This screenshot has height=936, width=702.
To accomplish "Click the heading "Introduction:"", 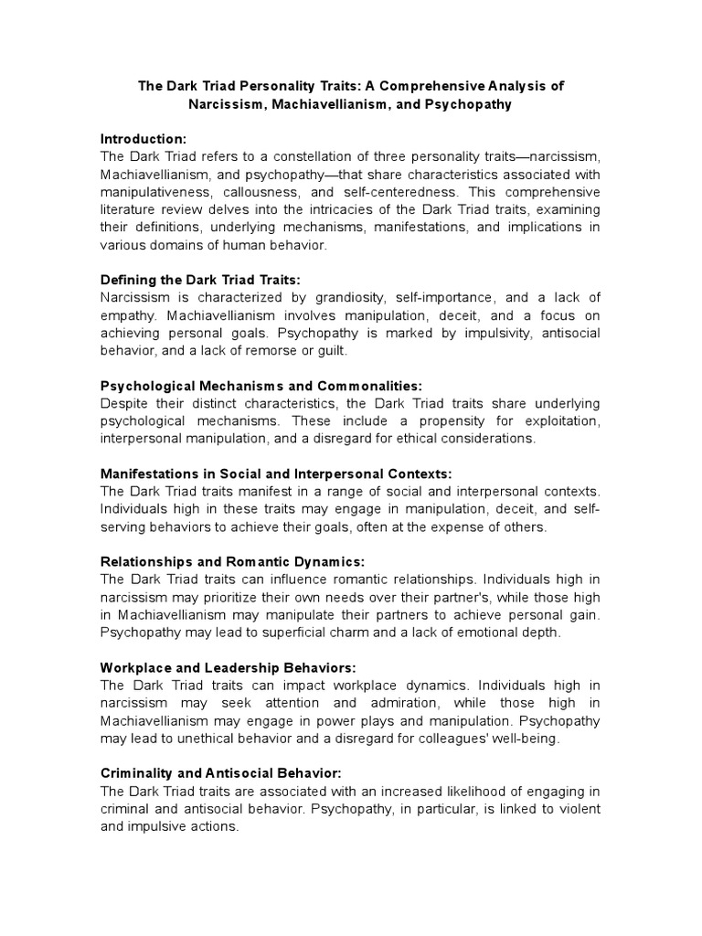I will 143,139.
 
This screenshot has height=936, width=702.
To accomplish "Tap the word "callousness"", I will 266,192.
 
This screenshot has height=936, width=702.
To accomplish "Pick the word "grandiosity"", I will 354,298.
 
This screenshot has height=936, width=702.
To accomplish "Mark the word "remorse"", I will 260,351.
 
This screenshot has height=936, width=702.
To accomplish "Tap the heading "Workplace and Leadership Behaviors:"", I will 228,668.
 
